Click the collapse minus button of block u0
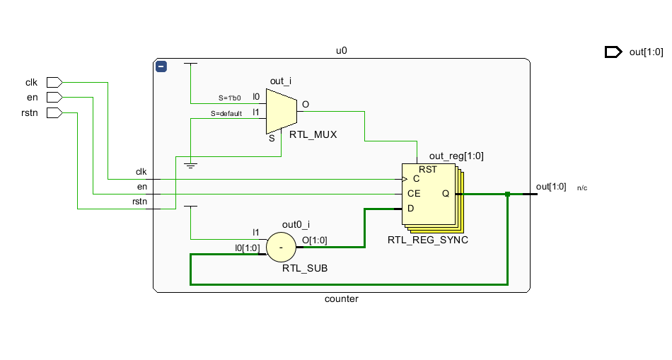click(161, 66)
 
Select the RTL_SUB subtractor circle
click(280, 248)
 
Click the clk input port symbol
click(54, 82)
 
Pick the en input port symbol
click(54, 97)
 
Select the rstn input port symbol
click(54, 112)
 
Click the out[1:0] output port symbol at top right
click(613, 52)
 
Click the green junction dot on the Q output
click(507, 194)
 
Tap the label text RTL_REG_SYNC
click(427, 240)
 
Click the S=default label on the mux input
click(226, 113)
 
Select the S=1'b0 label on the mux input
click(229, 98)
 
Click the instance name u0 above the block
click(341, 51)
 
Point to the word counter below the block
click(341, 298)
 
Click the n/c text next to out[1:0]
click(581, 188)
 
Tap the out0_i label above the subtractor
click(296, 225)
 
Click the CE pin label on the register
click(415, 193)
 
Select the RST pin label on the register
click(428, 170)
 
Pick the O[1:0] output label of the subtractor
click(314, 240)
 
